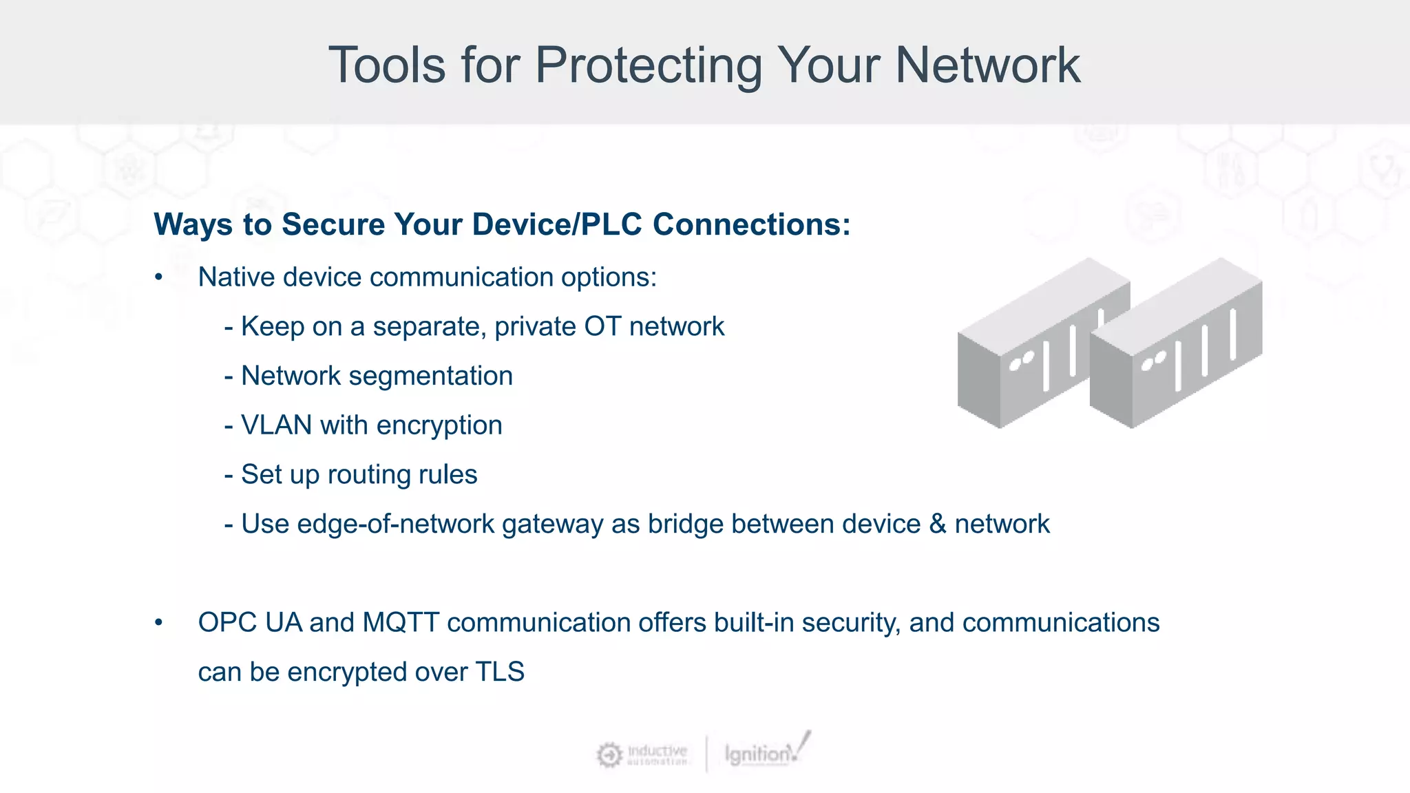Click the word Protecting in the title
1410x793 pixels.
pos(649,66)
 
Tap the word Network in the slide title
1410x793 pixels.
pos(987,66)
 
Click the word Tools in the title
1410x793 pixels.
pos(387,66)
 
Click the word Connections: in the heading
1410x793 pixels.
pos(751,224)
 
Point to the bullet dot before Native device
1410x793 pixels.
pos(159,277)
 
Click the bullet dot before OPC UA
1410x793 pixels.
pos(159,623)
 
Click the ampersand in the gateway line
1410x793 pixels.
pos(938,525)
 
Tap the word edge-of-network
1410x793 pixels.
pos(395,525)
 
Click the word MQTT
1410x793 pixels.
pos(401,623)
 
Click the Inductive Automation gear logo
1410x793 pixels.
pos(609,754)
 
